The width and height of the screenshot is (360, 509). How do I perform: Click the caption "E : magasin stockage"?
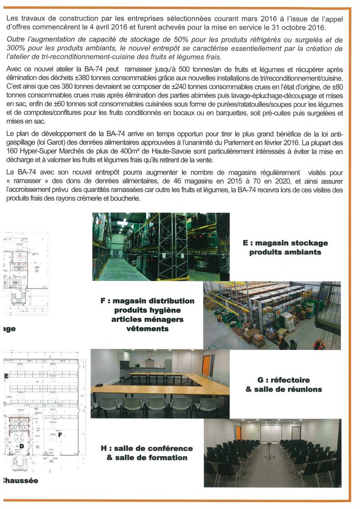(285, 243)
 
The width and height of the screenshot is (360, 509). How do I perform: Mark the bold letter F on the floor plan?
(60, 434)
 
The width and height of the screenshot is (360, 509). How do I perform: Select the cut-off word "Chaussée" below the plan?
(20, 480)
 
